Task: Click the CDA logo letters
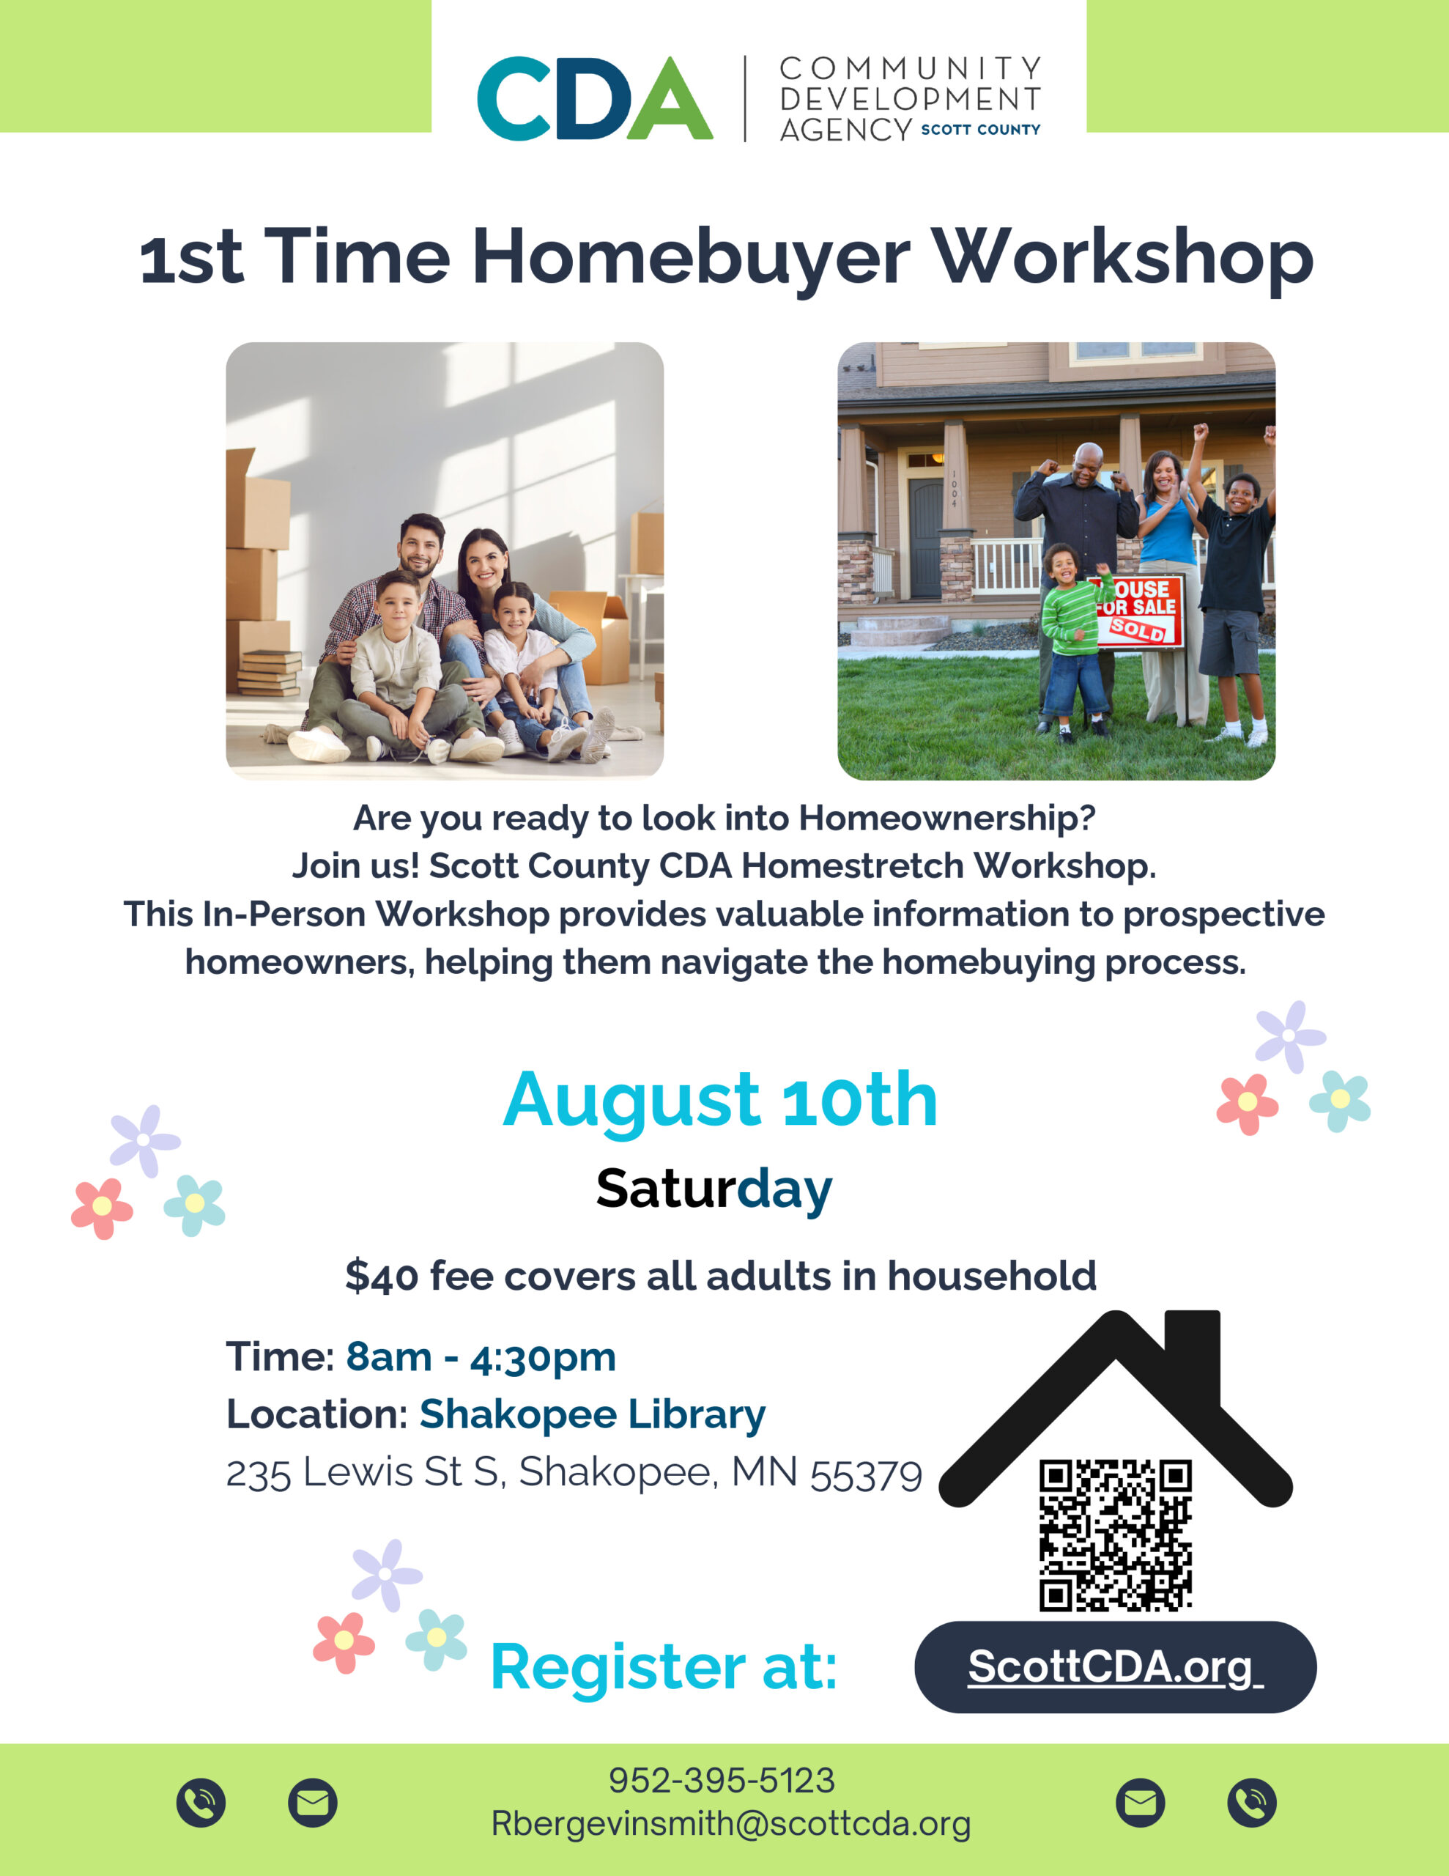(594, 98)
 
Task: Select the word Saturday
(714, 1189)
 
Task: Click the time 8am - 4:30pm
(481, 1357)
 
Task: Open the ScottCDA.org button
(1115, 1667)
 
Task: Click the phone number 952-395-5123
(722, 1781)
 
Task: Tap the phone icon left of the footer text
(201, 1802)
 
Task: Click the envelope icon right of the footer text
(1141, 1802)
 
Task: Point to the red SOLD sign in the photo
(1137, 629)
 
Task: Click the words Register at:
(664, 1667)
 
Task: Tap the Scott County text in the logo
(981, 130)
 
